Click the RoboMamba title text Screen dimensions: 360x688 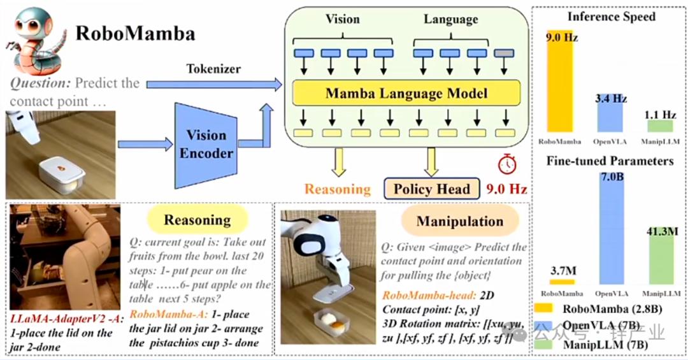pyautogui.click(x=136, y=33)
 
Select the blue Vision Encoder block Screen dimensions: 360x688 pyautogui.click(x=206, y=145)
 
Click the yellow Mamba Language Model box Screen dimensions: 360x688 pyautogui.click(x=406, y=94)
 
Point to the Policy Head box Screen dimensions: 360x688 pyautogui.click(x=431, y=189)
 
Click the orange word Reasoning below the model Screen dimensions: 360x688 pyautogui.click(x=337, y=189)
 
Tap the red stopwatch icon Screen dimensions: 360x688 pyautogui.click(x=507, y=164)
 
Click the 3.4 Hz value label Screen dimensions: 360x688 pyautogui.click(x=611, y=99)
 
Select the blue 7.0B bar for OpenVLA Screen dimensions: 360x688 pyautogui.click(x=612, y=235)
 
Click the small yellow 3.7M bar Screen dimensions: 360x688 pyautogui.click(x=562, y=281)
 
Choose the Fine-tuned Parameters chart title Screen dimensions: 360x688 pyautogui.click(x=610, y=161)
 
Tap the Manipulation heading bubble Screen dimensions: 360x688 pyautogui.click(x=459, y=222)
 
